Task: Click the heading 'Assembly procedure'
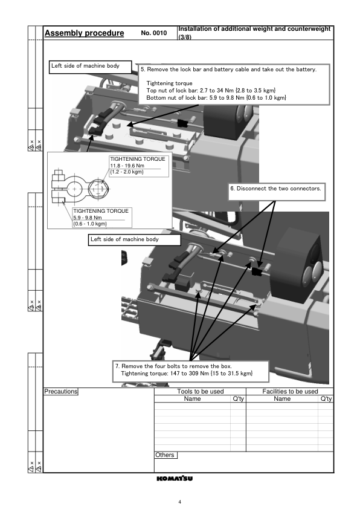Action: point(85,33)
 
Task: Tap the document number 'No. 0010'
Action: point(154,33)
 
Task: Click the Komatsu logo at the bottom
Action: point(175,479)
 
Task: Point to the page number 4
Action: point(179,502)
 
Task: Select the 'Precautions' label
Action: point(61,392)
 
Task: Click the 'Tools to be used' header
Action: point(201,392)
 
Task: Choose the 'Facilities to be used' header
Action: point(290,392)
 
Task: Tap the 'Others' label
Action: point(165,455)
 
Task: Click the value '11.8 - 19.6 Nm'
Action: point(127,166)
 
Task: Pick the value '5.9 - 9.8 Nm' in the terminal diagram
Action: point(88,218)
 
